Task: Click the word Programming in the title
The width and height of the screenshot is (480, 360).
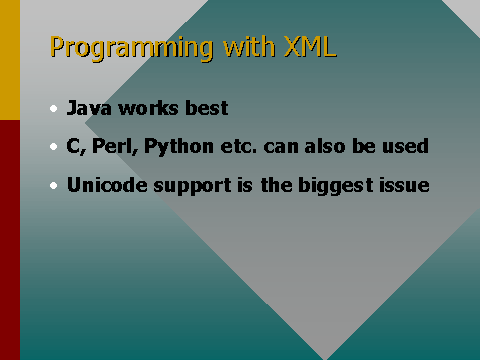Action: (119, 48)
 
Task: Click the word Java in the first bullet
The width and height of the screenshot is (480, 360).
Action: (87, 108)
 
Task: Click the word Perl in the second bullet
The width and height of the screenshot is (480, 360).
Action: (113, 147)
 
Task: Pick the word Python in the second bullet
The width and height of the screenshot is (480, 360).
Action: (172, 148)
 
